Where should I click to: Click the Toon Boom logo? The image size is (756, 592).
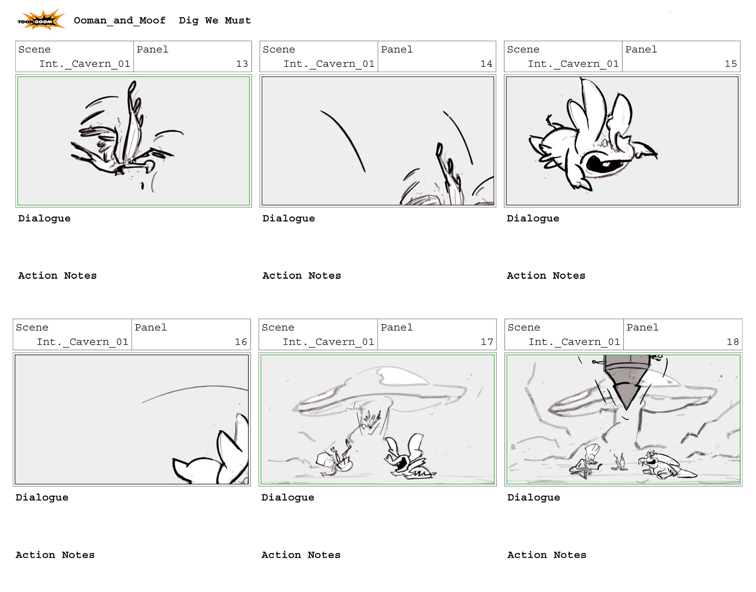point(41,20)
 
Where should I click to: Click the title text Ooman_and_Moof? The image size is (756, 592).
point(119,20)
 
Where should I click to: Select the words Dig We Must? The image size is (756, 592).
point(215,20)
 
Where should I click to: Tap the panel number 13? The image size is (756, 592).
point(242,64)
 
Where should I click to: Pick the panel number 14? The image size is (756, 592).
point(486,64)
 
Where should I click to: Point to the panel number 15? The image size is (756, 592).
point(730,64)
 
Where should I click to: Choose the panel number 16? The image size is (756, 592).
point(241,342)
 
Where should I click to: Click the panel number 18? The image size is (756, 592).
point(732,342)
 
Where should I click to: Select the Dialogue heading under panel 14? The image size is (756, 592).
point(288,218)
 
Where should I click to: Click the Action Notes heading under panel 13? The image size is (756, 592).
point(57,276)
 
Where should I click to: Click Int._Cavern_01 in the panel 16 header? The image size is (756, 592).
point(82,342)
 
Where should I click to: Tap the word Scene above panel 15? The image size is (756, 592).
point(523,50)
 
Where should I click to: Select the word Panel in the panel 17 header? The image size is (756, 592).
point(396,328)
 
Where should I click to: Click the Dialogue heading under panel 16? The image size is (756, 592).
point(42,497)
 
